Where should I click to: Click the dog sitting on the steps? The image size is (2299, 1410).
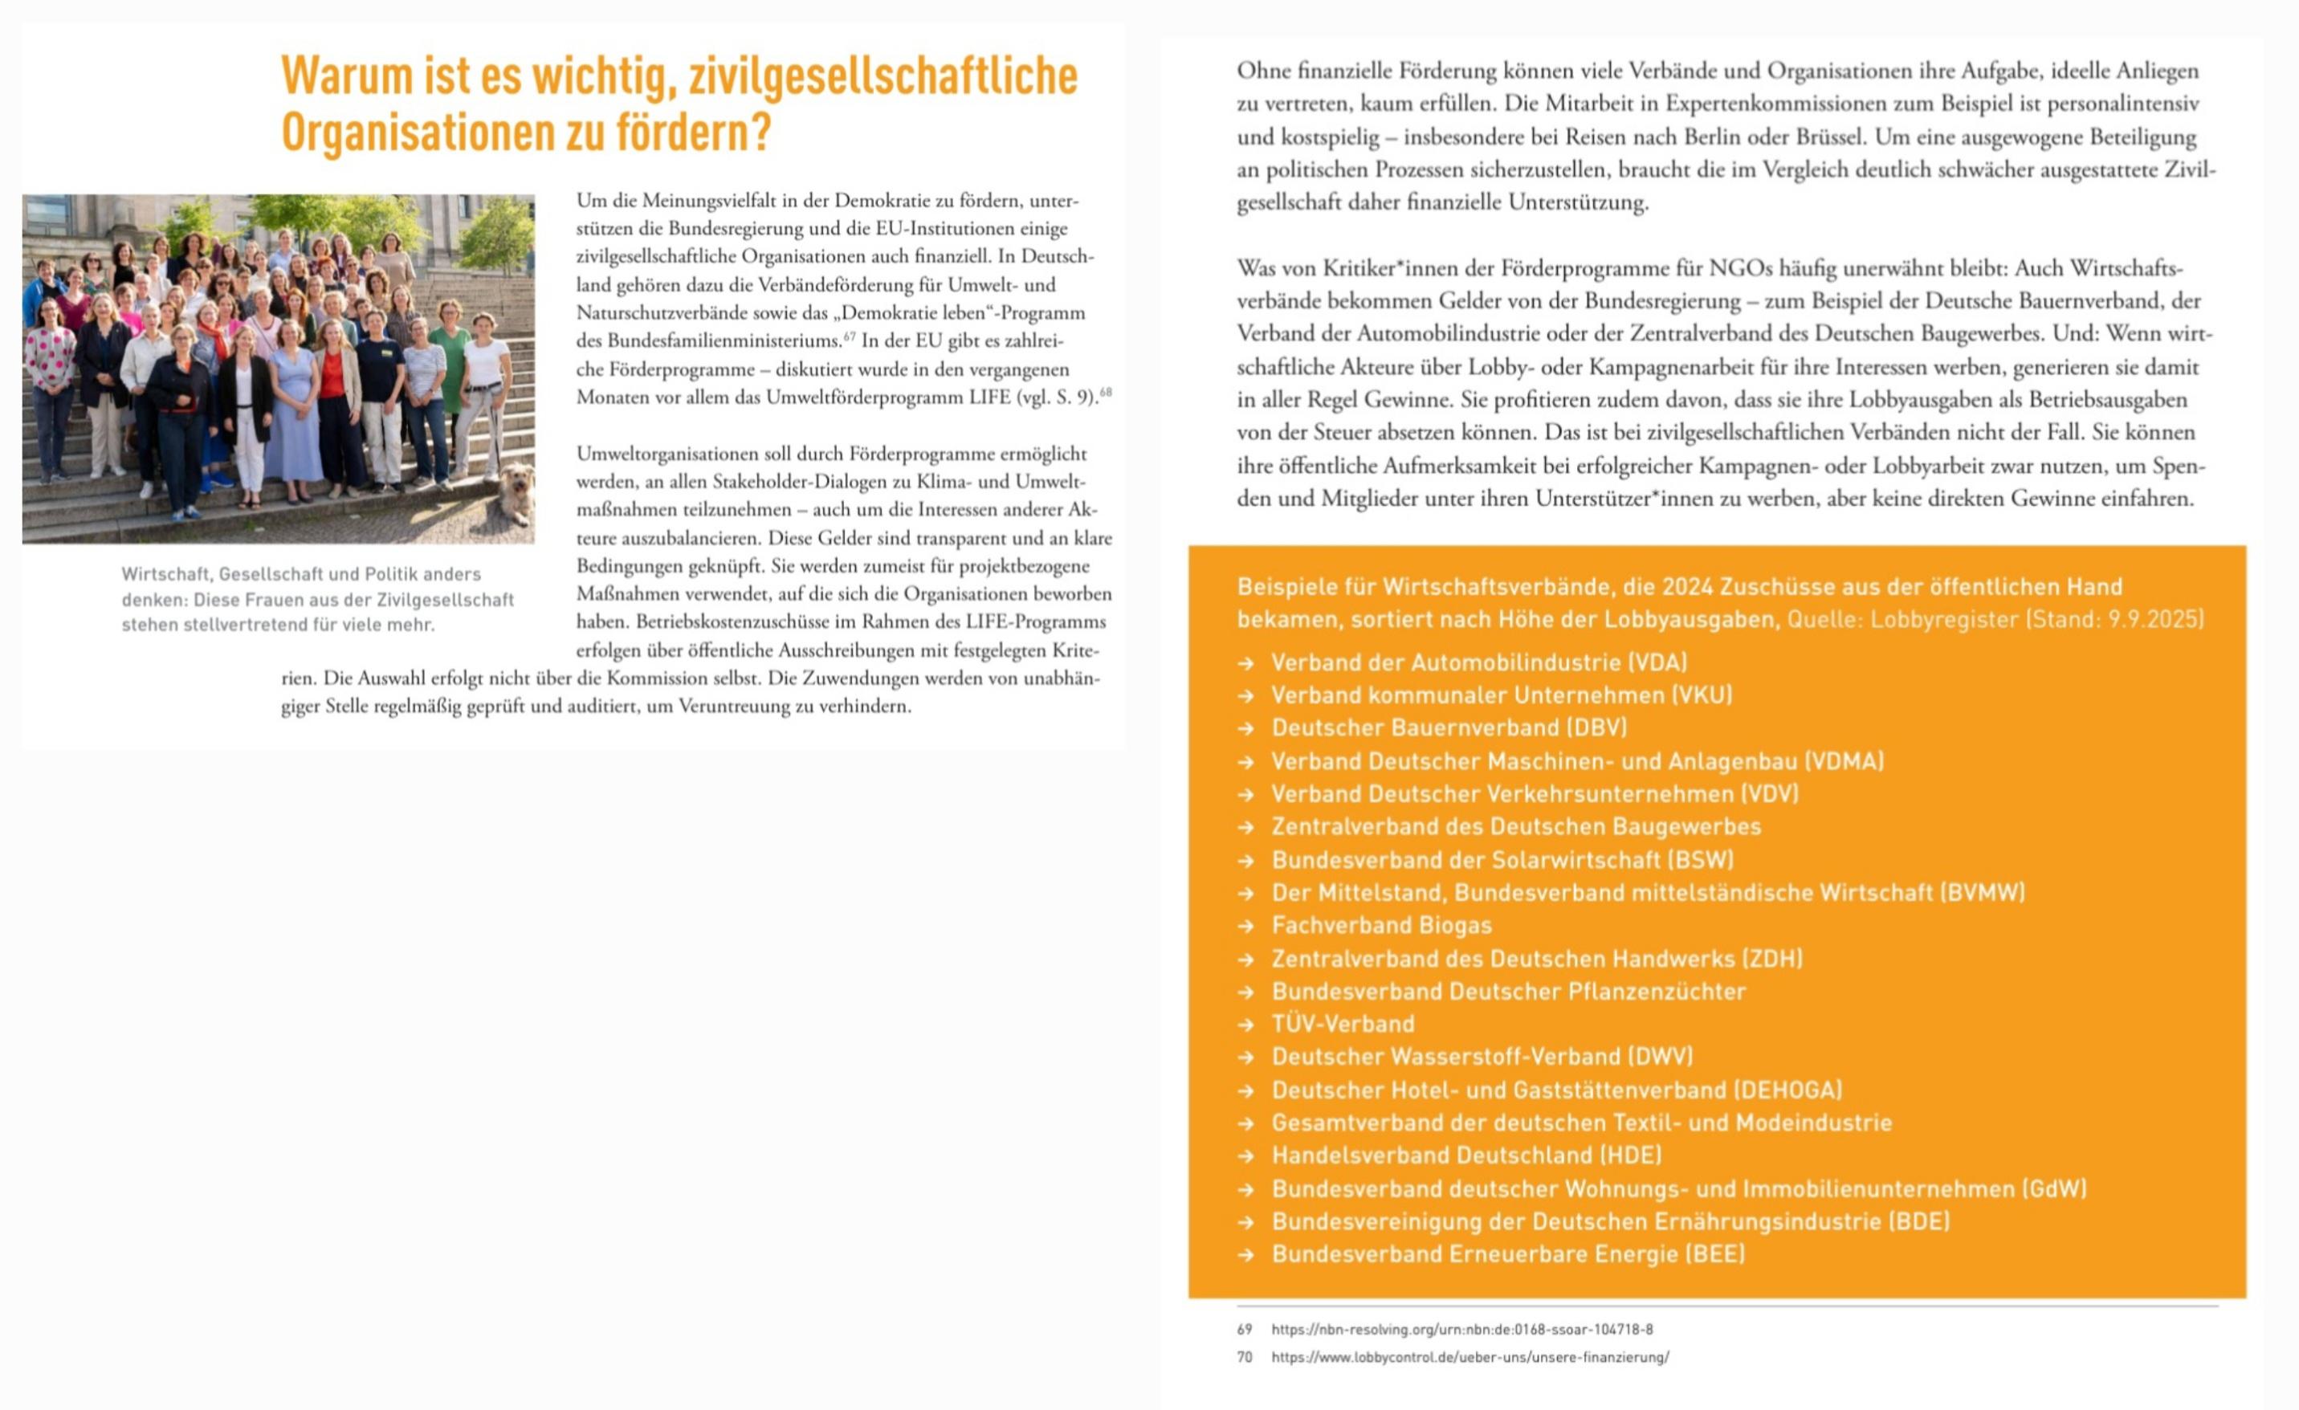pyautogui.click(x=516, y=493)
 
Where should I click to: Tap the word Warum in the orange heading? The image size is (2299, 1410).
pyautogui.click(x=345, y=76)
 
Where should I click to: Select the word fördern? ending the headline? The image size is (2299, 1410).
pyautogui.click(x=693, y=133)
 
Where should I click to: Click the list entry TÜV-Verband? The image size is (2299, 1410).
pyautogui.click(x=1343, y=1024)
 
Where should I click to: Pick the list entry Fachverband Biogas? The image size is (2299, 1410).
pyautogui.click(x=1381, y=925)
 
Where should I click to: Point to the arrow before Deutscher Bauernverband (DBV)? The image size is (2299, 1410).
pyautogui.click(x=1245, y=727)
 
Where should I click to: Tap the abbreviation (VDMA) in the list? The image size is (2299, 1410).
pyautogui.click(x=1844, y=760)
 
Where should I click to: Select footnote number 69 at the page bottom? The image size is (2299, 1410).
pyautogui.click(x=1245, y=1329)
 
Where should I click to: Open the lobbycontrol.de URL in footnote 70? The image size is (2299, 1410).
pyautogui.click(x=1469, y=1357)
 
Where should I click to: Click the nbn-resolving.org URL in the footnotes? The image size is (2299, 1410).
pyautogui.click(x=1461, y=1329)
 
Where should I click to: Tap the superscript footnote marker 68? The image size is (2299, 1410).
pyautogui.click(x=1106, y=392)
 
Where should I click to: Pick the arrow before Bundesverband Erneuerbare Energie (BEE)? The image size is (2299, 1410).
pyautogui.click(x=1245, y=1254)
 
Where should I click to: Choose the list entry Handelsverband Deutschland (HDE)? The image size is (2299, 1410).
pyautogui.click(x=1465, y=1155)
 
